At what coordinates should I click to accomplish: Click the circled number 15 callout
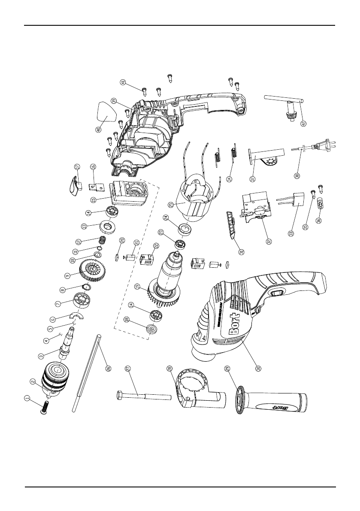coord(93,200)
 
